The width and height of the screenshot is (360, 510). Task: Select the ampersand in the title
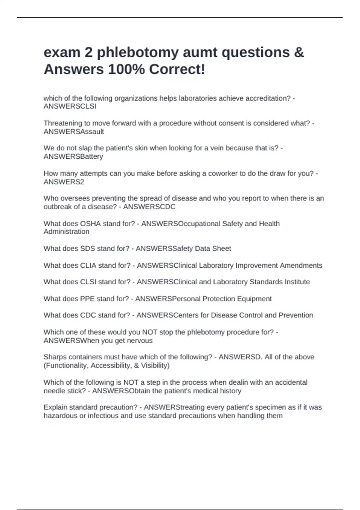coord(299,53)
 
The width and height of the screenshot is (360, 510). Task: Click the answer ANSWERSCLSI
coord(70,106)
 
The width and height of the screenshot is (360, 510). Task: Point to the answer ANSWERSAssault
coord(74,132)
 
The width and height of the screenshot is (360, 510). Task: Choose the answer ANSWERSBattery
coord(73,157)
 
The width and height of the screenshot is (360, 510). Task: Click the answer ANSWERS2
coord(64,182)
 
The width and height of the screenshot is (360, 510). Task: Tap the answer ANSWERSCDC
coord(149,207)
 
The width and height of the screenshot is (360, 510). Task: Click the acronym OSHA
coord(90,224)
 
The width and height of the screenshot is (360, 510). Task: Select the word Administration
coord(66,232)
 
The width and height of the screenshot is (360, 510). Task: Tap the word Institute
coord(296,282)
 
